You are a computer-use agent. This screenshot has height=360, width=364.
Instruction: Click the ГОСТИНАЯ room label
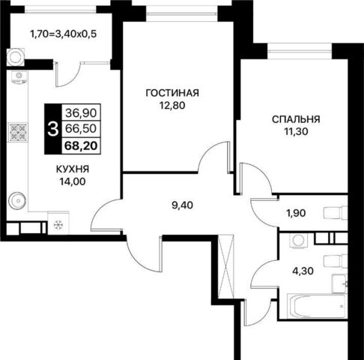click(172, 93)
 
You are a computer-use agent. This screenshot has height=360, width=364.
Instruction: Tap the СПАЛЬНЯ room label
click(296, 119)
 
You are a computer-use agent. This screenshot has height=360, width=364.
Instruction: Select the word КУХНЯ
click(73, 169)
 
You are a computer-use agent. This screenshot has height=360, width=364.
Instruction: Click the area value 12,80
click(172, 106)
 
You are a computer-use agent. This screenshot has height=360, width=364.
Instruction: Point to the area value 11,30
click(297, 131)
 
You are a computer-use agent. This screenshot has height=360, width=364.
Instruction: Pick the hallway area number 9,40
click(182, 205)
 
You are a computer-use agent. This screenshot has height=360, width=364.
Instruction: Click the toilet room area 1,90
click(296, 213)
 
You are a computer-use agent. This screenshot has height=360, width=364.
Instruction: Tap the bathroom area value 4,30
click(303, 271)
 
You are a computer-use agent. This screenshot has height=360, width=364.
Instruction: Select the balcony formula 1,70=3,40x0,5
click(63, 34)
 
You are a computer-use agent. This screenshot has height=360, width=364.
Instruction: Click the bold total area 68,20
click(81, 145)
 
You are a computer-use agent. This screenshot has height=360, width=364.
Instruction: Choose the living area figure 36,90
click(81, 113)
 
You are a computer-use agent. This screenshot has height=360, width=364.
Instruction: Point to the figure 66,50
click(81, 129)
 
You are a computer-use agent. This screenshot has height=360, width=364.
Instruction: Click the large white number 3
click(53, 130)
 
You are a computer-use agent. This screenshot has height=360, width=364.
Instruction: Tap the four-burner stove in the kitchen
click(18, 132)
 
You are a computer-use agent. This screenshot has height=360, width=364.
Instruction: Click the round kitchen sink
click(17, 200)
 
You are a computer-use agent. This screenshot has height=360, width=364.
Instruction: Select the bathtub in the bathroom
click(316, 306)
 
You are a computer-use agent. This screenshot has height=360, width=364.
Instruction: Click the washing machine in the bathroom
click(298, 241)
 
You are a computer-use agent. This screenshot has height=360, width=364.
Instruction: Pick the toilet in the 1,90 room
click(336, 213)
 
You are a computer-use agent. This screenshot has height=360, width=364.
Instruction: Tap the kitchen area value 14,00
click(73, 181)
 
